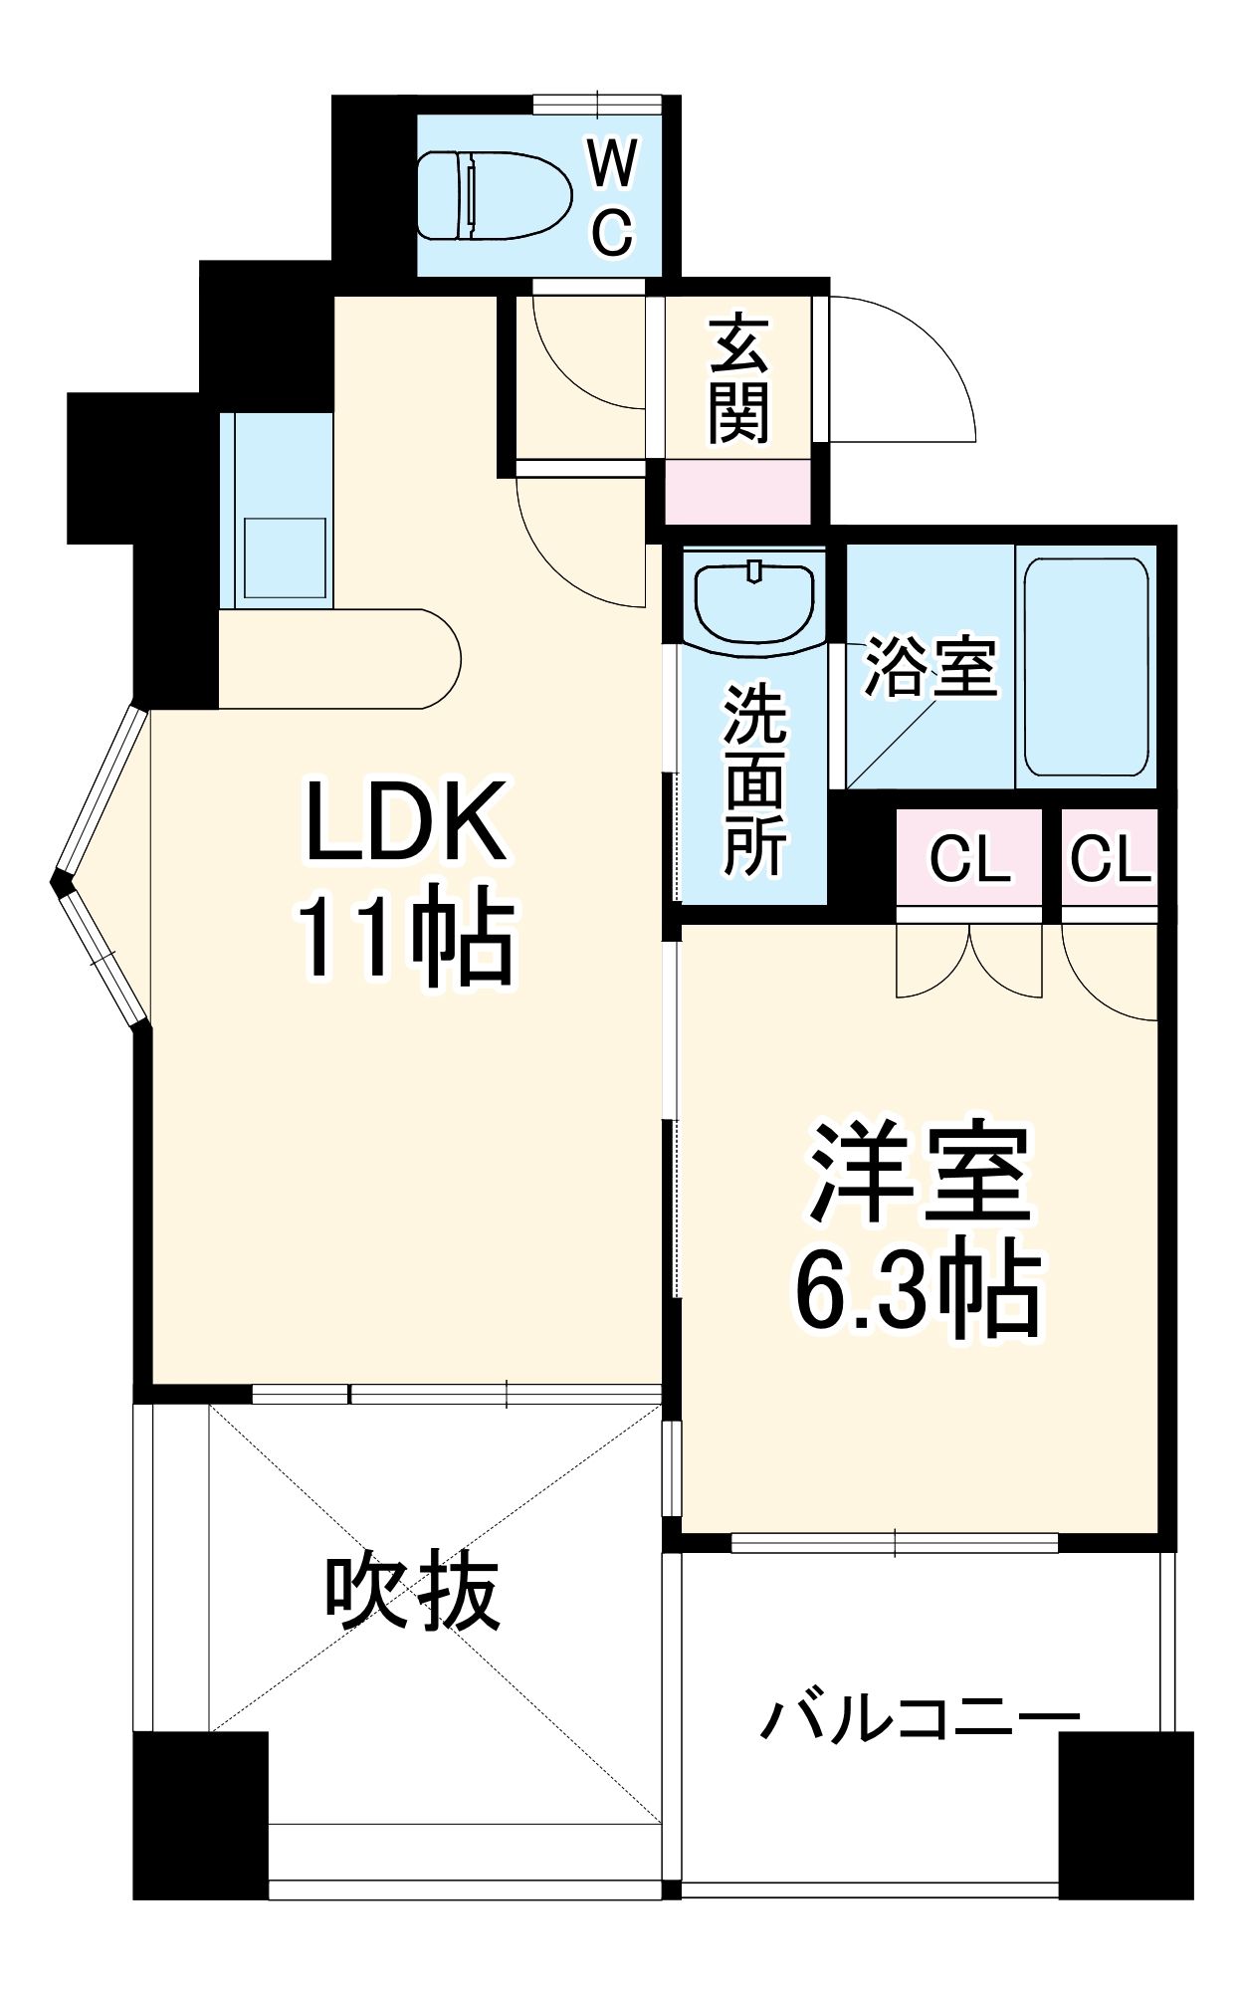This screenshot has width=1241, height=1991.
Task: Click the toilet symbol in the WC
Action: (x=494, y=195)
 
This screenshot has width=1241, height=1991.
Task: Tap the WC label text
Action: (x=612, y=196)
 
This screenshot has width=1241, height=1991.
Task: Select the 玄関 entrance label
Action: (x=738, y=379)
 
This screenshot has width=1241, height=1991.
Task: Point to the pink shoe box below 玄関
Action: (x=737, y=492)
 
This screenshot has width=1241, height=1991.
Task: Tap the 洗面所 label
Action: (x=754, y=779)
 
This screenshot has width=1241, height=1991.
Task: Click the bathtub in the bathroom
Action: (x=1087, y=667)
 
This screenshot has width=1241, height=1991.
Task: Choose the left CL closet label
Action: (x=969, y=858)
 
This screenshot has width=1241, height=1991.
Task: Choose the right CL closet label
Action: (x=1110, y=858)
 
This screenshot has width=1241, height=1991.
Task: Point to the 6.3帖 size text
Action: (x=918, y=1291)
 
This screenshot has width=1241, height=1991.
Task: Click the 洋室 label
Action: (x=918, y=1175)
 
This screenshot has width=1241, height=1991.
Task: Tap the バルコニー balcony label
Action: (x=920, y=1718)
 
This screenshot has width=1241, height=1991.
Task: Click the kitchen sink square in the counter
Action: (x=285, y=557)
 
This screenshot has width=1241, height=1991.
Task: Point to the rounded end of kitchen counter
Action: (x=438, y=658)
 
